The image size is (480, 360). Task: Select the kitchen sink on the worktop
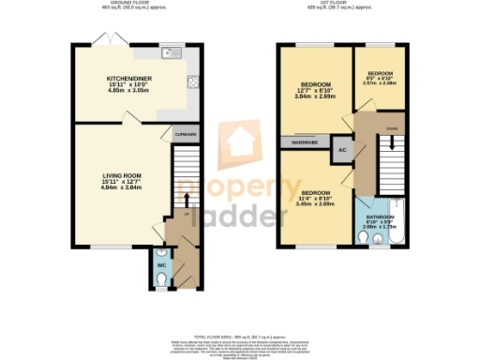tap(172, 52)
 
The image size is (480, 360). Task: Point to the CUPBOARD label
tap(186, 135)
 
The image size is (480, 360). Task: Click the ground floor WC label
tap(161, 266)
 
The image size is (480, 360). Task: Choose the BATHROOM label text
tap(380, 217)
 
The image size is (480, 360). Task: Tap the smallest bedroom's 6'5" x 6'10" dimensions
tap(380, 80)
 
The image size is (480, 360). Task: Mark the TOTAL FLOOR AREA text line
tap(241, 336)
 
